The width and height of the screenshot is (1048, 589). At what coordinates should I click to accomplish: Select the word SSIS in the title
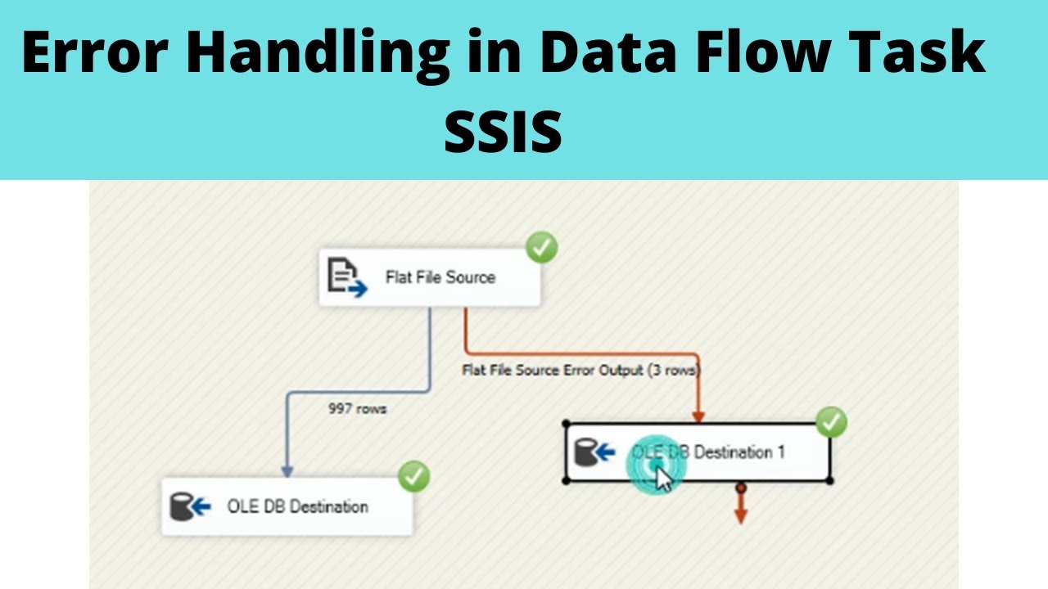503,133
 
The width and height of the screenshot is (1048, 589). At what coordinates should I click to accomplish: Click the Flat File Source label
440,277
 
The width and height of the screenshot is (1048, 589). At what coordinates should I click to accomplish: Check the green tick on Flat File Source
541,247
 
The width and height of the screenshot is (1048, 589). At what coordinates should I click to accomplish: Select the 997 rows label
357,408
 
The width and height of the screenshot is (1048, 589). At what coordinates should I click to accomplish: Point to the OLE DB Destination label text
297,506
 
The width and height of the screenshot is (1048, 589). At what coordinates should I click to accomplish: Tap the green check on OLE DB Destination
413,476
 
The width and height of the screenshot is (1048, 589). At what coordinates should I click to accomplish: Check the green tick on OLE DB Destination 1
832,422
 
